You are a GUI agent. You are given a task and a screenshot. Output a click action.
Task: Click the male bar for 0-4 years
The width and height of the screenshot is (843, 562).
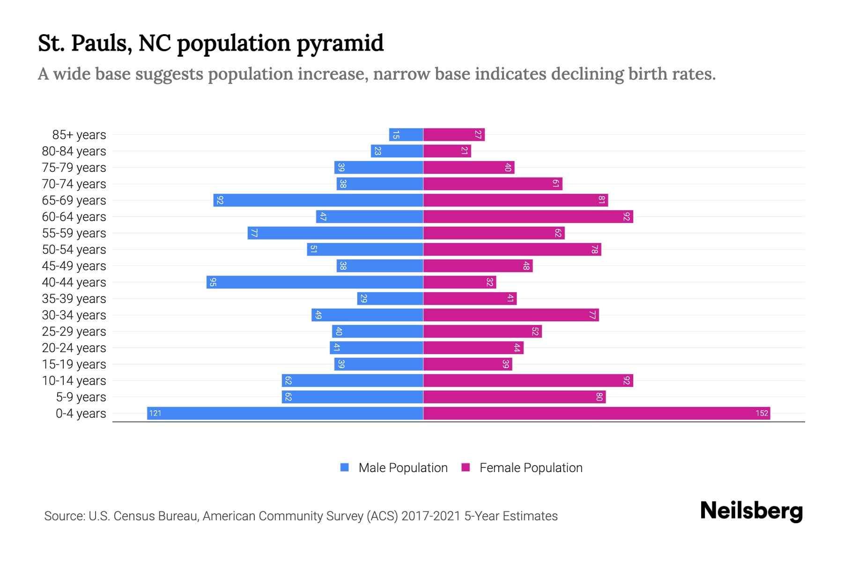(x=285, y=413)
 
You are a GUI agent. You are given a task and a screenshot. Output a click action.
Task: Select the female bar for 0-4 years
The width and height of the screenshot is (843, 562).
(x=596, y=413)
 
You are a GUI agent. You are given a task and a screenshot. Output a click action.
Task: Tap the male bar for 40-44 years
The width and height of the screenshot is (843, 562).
(x=315, y=282)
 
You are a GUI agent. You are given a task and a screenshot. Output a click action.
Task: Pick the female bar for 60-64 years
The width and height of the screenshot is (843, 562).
(x=528, y=216)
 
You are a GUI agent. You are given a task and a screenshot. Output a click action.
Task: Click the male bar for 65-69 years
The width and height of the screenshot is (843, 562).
(x=318, y=200)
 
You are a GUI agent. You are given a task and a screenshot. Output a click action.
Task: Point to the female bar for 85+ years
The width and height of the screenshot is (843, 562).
(x=454, y=134)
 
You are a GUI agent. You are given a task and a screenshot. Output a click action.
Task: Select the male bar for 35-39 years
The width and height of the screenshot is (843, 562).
(x=390, y=298)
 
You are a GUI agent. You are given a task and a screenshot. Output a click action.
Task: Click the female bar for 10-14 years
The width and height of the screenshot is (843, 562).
(x=528, y=380)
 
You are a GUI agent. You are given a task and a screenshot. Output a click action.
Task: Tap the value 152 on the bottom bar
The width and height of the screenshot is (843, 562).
(x=762, y=413)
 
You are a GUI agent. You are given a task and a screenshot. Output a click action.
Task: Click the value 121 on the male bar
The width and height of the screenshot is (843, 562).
(x=155, y=413)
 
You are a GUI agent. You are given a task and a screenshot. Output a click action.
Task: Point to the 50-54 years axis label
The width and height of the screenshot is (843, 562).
(x=74, y=249)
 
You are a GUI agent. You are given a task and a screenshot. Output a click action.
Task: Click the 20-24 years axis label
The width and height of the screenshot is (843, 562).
(x=74, y=348)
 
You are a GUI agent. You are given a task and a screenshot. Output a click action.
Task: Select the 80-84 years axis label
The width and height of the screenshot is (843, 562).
(x=74, y=151)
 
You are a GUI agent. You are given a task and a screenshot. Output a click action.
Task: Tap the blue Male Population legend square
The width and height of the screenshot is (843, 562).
(x=345, y=467)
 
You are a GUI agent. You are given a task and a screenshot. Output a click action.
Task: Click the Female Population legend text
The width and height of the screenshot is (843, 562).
(x=531, y=467)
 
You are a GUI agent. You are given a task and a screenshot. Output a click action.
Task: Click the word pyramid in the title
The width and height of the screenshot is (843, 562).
(x=340, y=43)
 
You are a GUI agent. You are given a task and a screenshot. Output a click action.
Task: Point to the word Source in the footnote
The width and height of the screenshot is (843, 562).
(x=64, y=516)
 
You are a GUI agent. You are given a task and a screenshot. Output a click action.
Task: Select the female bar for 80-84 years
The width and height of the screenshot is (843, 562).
(x=447, y=151)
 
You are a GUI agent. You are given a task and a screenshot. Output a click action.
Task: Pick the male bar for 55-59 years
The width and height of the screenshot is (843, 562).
(x=335, y=233)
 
